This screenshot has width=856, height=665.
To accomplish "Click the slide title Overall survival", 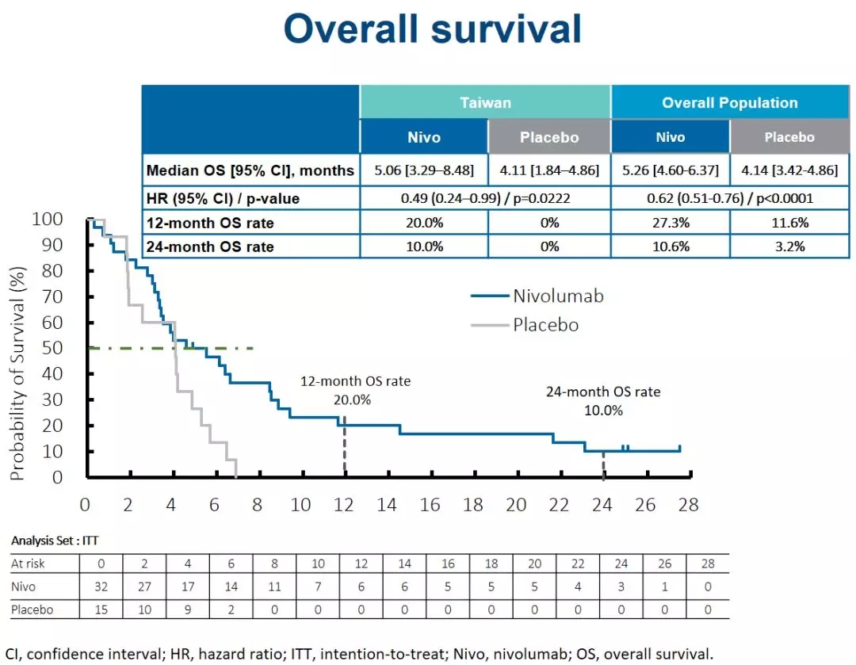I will point(432,29).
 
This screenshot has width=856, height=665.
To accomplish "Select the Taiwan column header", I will point(485,103).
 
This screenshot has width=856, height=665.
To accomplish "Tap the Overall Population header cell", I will point(729,103).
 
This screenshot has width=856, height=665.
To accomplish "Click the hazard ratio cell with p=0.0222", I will point(485,197).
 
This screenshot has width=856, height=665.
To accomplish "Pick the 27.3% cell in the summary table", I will point(670,222).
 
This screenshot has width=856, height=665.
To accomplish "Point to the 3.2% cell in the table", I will point(789,247).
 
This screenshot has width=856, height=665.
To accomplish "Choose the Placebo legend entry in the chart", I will point(545,324).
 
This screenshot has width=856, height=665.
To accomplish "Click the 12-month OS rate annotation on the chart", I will point(355,390).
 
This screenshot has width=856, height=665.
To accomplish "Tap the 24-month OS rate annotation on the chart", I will point(602,400).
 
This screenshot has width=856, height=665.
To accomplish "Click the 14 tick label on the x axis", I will point(387,505).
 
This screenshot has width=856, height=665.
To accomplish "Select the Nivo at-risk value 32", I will point(101,587).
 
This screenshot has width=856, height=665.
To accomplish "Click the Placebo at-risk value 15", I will point(101,610).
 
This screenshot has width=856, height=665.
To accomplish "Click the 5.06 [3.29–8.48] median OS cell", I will point(424,171).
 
